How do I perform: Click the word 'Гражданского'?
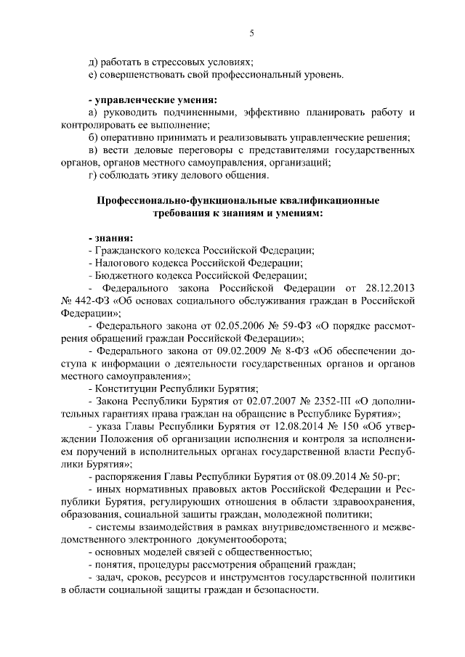[128, 250]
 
